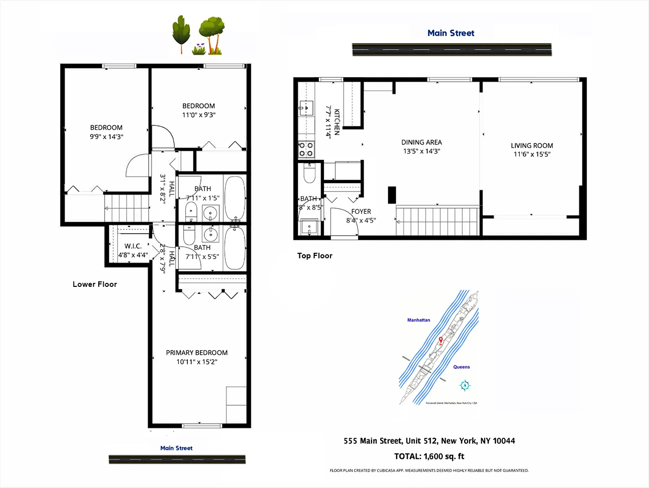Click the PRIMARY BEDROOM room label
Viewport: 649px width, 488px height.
tap(197, 353)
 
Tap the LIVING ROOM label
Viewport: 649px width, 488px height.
tap(532, 145)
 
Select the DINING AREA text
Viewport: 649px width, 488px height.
tap(422, 142)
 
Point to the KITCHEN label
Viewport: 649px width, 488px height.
tap(337, 122)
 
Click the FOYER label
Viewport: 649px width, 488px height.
tap(361, 212)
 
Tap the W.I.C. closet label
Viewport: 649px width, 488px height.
tap(133, 246)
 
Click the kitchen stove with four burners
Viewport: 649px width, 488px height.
tap(306, 149)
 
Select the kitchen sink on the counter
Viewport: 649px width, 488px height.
tap(305, 108)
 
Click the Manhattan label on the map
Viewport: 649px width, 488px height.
tap(419, 320)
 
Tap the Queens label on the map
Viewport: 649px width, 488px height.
tap(461, 367)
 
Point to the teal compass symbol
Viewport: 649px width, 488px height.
tap(465, 385)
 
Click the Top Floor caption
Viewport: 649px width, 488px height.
tap(314, 256)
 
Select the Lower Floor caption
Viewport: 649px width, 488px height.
tap(95, 284)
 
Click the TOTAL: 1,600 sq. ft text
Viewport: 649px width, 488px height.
tap(429, 456)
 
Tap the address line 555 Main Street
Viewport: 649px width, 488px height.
tap(429, 441)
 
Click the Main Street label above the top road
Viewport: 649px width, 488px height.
tap(451, 33)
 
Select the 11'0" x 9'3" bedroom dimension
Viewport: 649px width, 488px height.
tap(199, 115)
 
